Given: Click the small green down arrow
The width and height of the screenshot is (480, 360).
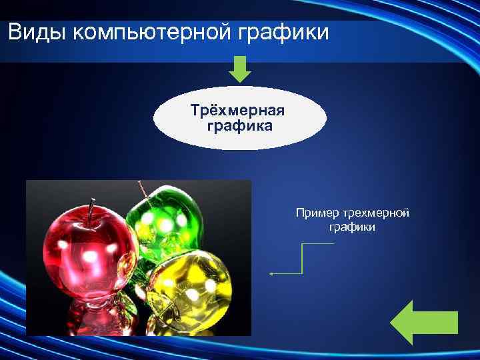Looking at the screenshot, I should [240, 69].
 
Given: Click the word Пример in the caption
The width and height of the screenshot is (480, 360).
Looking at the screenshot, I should [319, 213].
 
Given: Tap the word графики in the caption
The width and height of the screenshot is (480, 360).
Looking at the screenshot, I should [352, 227].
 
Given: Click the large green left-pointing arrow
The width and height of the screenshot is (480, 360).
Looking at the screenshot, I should [423, 323].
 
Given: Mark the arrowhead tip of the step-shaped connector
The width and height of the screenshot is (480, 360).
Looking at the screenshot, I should [271, 273].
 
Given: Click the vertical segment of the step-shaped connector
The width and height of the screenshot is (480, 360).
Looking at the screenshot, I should [303, 259].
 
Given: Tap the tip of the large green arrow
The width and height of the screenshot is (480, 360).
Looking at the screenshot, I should [391, 323].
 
